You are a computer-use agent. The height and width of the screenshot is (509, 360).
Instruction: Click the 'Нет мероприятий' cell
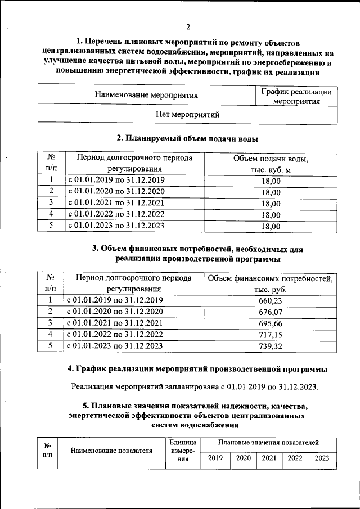tap(187, 114)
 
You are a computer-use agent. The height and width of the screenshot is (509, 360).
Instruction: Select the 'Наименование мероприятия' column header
tap(146, 95)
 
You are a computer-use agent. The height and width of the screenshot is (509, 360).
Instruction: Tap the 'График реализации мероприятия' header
tap(296, 96)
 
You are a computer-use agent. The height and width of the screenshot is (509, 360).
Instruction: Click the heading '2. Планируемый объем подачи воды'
tap(187, 138)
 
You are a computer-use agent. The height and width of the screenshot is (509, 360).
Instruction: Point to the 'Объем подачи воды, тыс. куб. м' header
tap(271, 164)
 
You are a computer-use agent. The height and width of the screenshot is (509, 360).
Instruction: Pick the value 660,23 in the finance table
tap(271, 301)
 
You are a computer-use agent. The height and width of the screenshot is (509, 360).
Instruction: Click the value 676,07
tap(271, 312)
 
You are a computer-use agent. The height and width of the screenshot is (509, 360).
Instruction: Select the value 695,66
tap(271, 324)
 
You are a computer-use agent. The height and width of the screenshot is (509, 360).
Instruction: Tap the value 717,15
tap(271, 335)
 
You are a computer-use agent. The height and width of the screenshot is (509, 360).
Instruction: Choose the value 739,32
tap(271, 346)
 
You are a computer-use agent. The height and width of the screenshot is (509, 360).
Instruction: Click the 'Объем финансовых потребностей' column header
tap(271, 283)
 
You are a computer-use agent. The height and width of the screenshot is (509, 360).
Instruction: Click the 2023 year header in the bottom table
tap(322, 458)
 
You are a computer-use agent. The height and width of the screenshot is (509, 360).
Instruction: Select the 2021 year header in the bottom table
tap(269, 458)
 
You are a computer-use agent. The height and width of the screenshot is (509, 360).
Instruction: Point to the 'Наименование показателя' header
tap(112, 451)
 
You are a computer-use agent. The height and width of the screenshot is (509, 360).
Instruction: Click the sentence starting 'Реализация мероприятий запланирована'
tap(195, 386)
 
